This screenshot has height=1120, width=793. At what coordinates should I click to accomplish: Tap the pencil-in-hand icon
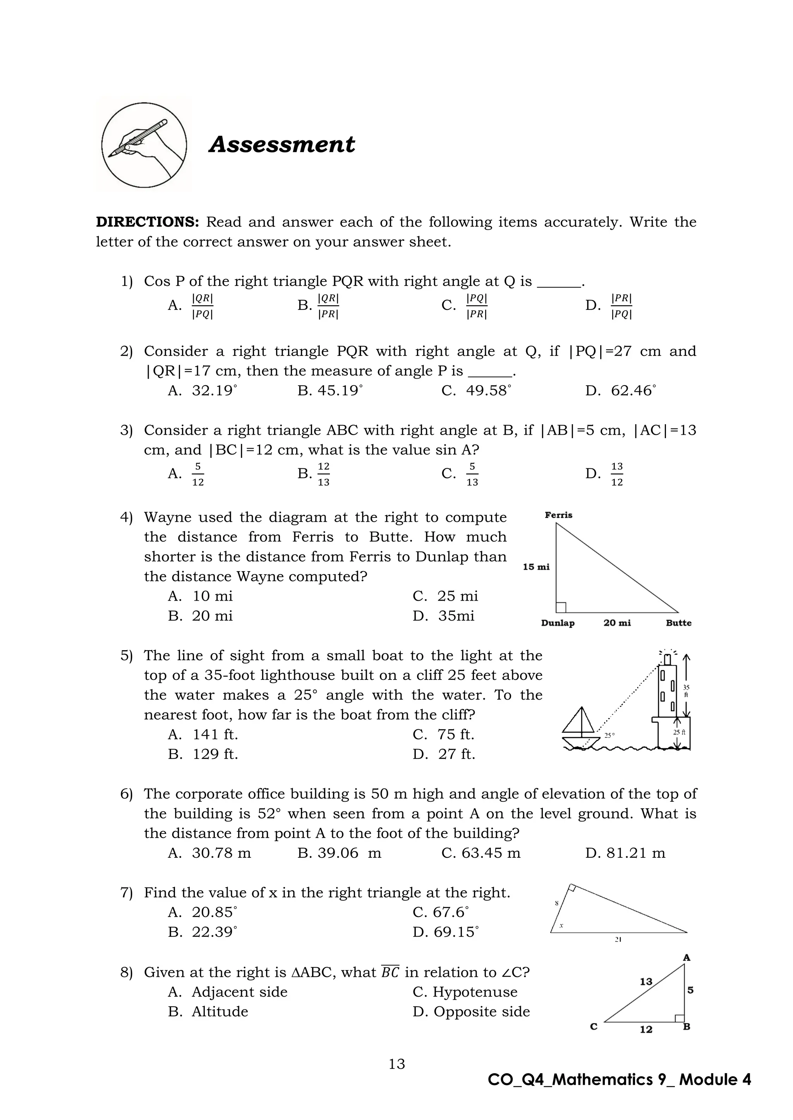(144, 145)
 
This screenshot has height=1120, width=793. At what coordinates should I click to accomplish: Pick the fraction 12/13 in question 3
(323, 474)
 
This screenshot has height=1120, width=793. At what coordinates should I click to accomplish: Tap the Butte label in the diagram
(678, 623)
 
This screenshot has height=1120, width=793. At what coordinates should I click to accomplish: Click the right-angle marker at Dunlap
(561, 607)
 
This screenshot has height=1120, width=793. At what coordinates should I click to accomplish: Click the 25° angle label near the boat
(609, 735)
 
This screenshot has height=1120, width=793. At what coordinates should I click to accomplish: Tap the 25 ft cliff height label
(679, 732)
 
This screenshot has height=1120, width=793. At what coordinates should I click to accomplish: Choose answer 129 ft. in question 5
(215, 754)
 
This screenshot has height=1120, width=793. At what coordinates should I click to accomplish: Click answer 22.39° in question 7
(214, 932)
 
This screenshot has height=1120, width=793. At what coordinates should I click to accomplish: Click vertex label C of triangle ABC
(594, 1027)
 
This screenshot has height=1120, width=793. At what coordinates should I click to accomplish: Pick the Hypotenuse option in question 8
(475, 992)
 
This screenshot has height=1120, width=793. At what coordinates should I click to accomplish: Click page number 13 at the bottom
(396, 1064)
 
